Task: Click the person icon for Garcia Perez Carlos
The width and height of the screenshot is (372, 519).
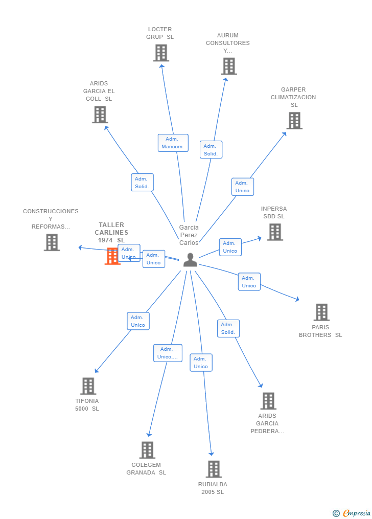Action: click(190, 260)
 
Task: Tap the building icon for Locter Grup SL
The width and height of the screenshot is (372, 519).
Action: click(161, 53)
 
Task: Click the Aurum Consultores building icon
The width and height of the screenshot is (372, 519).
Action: click(229, 66)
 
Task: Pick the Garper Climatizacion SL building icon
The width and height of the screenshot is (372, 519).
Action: click(294, 121)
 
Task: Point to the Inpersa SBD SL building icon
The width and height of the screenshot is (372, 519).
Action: click(275, 232)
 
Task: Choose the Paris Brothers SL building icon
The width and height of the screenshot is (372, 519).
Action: click(321, 312)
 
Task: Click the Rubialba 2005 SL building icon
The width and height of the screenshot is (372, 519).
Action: click(214, 469)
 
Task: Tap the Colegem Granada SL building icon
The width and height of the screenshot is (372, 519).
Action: click(147, 450)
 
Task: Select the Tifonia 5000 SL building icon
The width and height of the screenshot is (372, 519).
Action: click(88, 386)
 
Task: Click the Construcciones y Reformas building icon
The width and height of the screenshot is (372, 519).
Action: click(52, 242)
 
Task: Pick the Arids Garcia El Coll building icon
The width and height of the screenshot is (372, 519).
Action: click(100, 115)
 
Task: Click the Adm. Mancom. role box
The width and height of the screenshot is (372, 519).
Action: click(173, 143)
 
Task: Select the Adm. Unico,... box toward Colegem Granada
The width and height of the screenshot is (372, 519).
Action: click(168, 353)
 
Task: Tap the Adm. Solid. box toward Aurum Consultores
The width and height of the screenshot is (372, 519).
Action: click(211, 150)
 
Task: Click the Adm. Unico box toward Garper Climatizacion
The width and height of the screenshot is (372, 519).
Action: click(242, 187)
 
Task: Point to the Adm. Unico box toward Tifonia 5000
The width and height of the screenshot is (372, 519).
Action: click(138, 321)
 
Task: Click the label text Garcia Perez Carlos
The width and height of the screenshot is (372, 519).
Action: click(189, 235)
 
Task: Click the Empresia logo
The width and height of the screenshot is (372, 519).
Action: click(352, 513)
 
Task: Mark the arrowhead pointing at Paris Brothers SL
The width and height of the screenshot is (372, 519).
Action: click(297, 299)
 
